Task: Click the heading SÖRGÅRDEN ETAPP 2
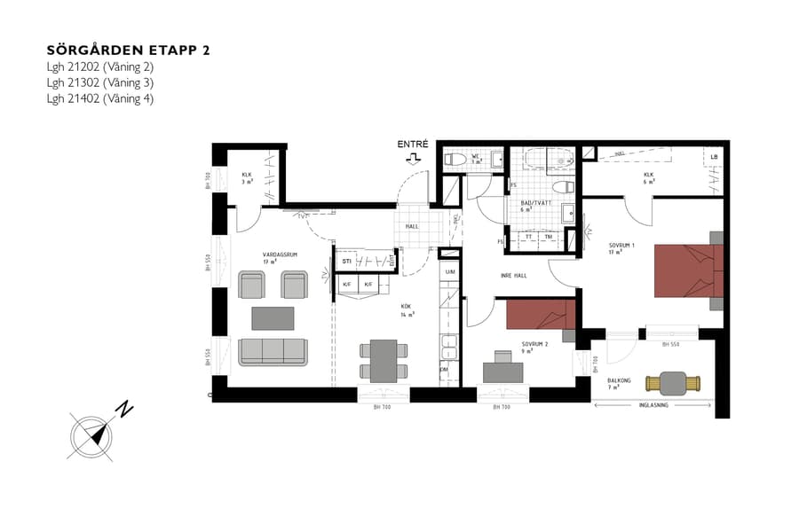(128, 50)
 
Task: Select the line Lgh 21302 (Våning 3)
(100, 82)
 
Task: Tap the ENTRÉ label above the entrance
(413, 144)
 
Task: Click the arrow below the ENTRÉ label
(413, 159)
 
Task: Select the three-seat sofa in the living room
(272, 351)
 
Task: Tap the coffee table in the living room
(272, 317)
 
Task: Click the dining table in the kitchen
(384, 359)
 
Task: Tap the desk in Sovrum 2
(502, 369)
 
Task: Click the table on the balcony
(673, 383)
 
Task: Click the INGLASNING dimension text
(655, 405)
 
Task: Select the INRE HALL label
(514, 276)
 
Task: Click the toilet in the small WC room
(455, 159)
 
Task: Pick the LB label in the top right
(714, 158)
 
